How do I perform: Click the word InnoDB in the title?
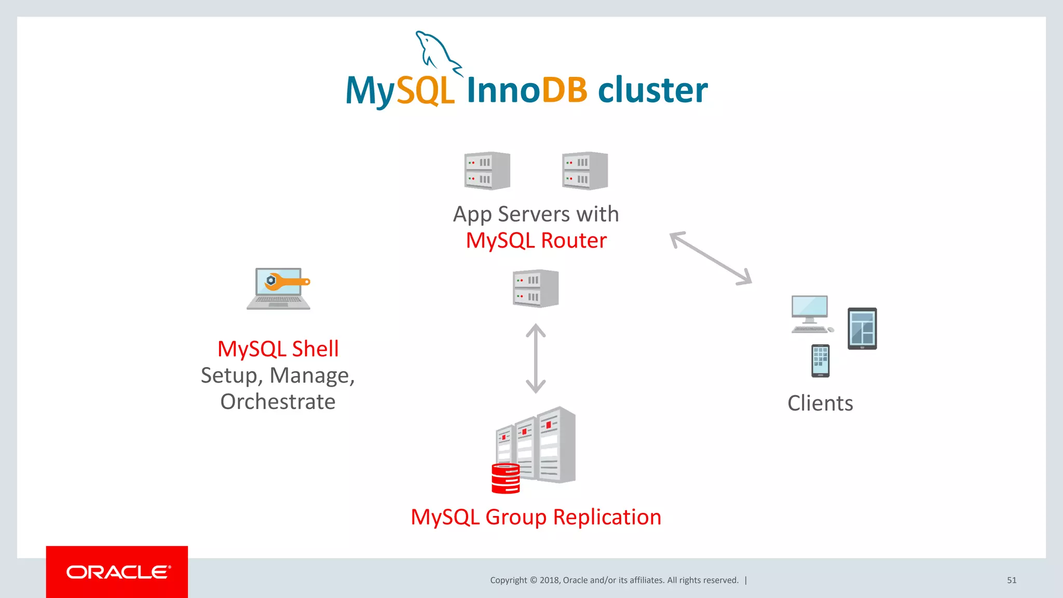pyautogui.click(x=527, y=90)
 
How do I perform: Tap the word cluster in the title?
pyautogui.click(x=652, y=90)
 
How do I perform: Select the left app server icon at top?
pyautogui.click(x=487, y=171)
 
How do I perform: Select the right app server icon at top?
pyautogui.click(x=585, y=171)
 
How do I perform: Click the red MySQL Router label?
pyautogui.click(x=536, y=241)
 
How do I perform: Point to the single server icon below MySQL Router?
pyautogui.click(x=536, y=289)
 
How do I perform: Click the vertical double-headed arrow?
pyautogui.click(x=536, y=359)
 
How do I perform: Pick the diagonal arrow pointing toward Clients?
pyautogui.click(x=711, y=258)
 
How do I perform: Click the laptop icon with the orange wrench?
pyautogui.click(x=279, y=289)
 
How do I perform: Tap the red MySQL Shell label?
pyautogui.click(x=278, y=349)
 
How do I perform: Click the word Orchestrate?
pyautogui.click(x=278, y=402)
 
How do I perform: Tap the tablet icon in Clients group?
pyautogui.click(x=862, y=329)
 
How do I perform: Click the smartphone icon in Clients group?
pyautogui.click(x=820, y=361)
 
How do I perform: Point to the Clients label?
pyautogui.click(x=820, y=403)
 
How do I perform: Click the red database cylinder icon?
pyautogui.click(x=506, y=479)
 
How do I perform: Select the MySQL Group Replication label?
pyautogui.click(x=536, y=517)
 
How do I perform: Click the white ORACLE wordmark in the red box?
pyautogui.click(x=118, y=572)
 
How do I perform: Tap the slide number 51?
pyautogui.click(x=1012, y=580)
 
